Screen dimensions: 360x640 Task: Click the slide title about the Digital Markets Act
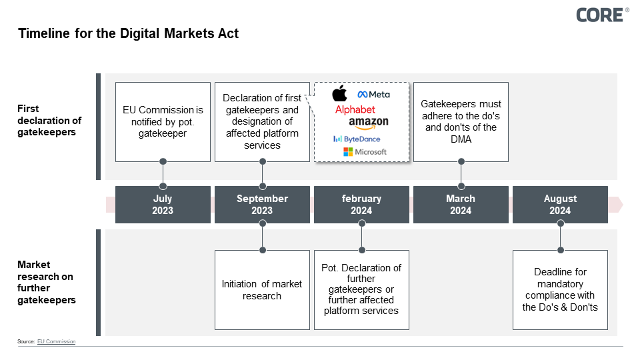point(128,33)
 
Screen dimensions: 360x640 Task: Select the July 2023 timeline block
point(163,205)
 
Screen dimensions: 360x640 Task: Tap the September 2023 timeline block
point(262,205)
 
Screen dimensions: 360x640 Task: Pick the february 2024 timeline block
point(361,205)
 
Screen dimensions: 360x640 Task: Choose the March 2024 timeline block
point(461,205)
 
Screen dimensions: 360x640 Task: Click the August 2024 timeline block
point(560,205)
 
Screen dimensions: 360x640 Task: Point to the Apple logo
point(340,94)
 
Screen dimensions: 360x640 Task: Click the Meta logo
point(374,95)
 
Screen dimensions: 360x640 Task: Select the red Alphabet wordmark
point(355,109)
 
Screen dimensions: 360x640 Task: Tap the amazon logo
point(368,123)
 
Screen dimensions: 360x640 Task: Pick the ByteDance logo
point(357,139)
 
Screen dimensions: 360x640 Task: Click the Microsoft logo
point(365,152)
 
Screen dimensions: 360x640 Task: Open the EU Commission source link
point(56,341)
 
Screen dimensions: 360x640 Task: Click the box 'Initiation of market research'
point(262,290)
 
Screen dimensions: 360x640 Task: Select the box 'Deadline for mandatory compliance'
point(560,290)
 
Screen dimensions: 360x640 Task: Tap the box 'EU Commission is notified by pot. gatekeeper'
point(163,122)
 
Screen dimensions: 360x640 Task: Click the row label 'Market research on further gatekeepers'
point(46,282)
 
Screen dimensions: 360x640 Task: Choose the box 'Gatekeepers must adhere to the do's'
point(461,122)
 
